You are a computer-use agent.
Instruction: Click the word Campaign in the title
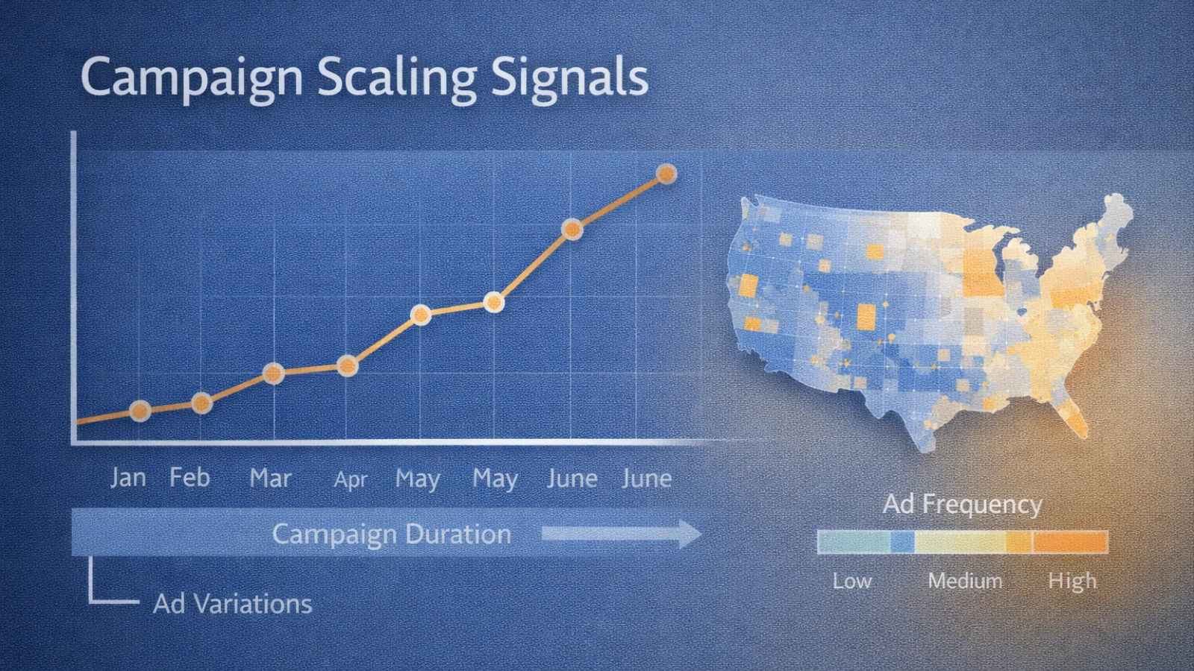coord(192,78)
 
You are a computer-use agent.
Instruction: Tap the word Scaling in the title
coord(397,78)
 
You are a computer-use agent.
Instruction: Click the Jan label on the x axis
coord(128,478)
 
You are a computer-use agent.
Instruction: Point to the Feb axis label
coord(190,477)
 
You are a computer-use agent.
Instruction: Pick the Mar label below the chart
coord(271,478)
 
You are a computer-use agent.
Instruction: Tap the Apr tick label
coord(350,480)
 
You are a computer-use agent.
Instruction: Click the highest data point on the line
coord(666,174)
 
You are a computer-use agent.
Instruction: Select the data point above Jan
coord(140,411)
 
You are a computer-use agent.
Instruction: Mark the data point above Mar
coord(273,374)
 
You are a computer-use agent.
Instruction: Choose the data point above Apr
coord(348,366)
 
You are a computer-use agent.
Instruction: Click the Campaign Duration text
coord(392,534)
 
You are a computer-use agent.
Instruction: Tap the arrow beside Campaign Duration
coord(622,534)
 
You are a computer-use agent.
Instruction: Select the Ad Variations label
coord(232,604)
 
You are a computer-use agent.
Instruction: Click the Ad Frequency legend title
coord(962,505)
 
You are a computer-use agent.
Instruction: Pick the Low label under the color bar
coord(852,581)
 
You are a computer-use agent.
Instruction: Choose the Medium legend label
coord(966,581)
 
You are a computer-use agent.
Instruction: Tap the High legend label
coord(1072,582)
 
